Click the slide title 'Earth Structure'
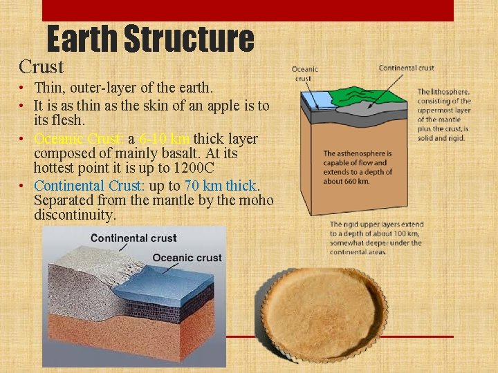tap(150, 39)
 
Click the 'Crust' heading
tap(41, 67)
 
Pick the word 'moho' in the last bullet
tap(258, 201)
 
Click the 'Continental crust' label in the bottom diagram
tap(133, 238)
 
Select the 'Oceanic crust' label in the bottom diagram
tap(187, 258)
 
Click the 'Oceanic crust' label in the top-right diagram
tap(305, 73)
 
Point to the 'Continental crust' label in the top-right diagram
tap(406, 68)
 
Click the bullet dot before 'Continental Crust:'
tap(23, 186)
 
